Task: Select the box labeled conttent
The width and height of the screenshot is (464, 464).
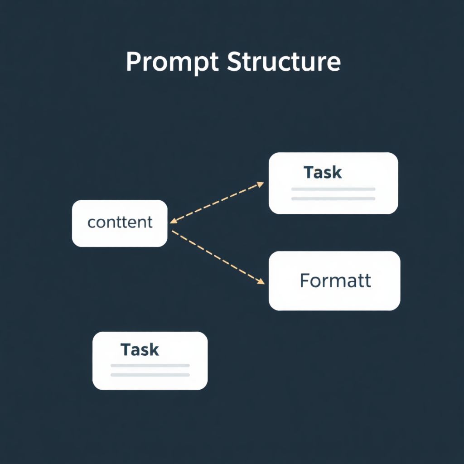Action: tap(120, 223)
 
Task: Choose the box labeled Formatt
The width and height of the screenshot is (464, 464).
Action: tap(334, 280)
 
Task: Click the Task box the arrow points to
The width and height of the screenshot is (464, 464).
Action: tap(333, 183)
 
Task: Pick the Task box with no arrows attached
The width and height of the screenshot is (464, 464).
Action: tap(150, 360)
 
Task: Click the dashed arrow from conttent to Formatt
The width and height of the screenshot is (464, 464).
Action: tap(217, 256)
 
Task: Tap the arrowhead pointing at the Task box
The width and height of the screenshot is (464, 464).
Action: tap(261, 184)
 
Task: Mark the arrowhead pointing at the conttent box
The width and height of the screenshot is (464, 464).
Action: tap(174, 221)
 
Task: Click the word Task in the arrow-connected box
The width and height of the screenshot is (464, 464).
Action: tap(323, 172)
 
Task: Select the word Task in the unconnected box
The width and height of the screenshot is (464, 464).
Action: tap(140, 349)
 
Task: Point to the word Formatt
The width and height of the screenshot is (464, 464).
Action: tap(335, 280)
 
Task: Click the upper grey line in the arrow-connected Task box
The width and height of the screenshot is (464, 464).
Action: tap(333, 189)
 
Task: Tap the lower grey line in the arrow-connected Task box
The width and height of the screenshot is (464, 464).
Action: tap(333, 198)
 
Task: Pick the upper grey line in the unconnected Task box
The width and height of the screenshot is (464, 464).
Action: tap(150, 365)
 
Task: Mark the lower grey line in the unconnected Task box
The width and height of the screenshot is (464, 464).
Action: tap(150, 375)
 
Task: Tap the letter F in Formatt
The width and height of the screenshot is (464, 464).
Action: tap(305, 280)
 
